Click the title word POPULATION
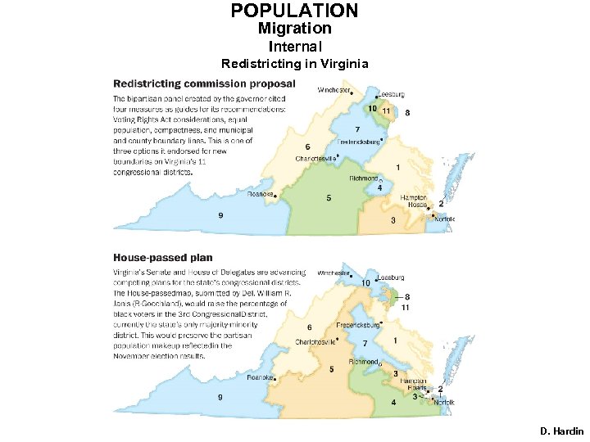294,11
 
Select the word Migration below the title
294,29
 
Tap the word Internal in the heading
294,47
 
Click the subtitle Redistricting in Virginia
294,64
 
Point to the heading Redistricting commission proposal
204,83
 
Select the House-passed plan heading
162,258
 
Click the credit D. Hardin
561,431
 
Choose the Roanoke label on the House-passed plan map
261,378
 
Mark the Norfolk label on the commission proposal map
444,219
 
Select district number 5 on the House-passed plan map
331,369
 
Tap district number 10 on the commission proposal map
372,109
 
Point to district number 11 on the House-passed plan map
406,307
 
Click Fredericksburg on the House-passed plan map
360,326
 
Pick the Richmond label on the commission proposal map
363,178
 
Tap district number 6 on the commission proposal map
306,147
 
